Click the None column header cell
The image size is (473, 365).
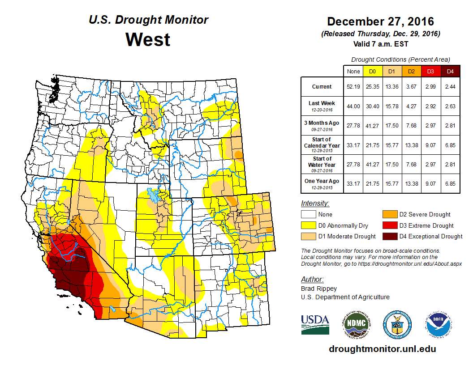pyautogui.click(x=353, y=71)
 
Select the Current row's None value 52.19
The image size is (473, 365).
pyautogui.click(x=353, y=87)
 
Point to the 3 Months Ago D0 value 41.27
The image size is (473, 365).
pyautogui.click(x=372, y=126)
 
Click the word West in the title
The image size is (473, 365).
pyautogui.click(x=148, y=39)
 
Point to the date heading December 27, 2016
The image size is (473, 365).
pyautogui.click(x=380, y=21)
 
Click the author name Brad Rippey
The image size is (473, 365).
pyautogui.click(x=319, y=289)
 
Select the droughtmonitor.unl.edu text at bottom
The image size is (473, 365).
pyautogui.click(x=382, y=349)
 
